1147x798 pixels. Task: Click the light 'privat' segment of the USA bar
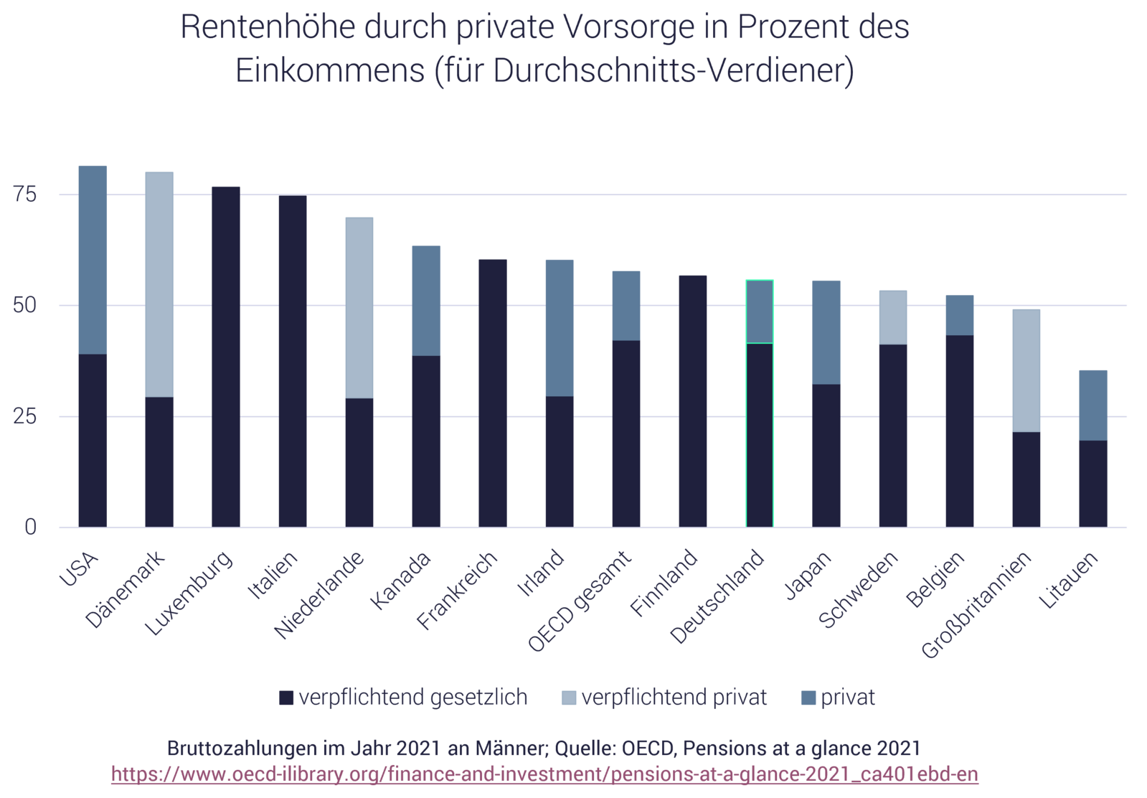click(93, 258)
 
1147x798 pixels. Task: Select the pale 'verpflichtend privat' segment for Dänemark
click(159, 283)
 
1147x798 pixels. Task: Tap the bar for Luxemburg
click(226, 357)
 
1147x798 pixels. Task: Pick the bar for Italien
click(293, 361)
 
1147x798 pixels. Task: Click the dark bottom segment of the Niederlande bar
click(359, 463)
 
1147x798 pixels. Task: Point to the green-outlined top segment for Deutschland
click(760, 311)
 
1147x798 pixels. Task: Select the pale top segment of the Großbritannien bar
click(1026, 369)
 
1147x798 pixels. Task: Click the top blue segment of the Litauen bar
click(1093, 404)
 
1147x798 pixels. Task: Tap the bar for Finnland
click(693, 400)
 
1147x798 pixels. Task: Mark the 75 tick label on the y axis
click(26, 194)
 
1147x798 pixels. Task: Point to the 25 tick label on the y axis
click(26, 416)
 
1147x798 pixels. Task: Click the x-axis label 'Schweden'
click(859, 590)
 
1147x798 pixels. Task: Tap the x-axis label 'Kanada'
click(402, 581)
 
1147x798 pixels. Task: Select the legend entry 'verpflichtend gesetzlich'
click(412, 697)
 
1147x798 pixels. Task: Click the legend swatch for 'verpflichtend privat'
click(569, 698)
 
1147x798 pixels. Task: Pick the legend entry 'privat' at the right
click(847, 697)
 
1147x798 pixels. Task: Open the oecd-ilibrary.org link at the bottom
click(544, 775)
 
